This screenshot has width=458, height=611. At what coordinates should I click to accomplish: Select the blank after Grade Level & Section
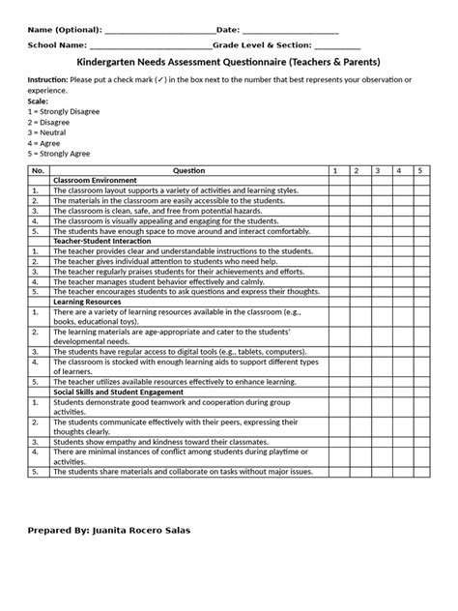pos(338,47)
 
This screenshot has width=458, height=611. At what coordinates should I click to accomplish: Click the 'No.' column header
pos(39,170)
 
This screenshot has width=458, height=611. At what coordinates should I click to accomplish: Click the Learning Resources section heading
pos(88,302)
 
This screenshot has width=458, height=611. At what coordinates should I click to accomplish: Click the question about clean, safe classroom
pos(158,211)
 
